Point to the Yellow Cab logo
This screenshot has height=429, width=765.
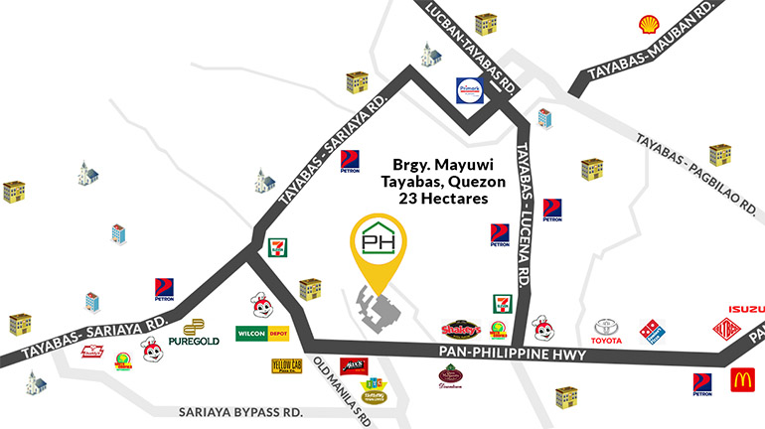(x=286, y=365)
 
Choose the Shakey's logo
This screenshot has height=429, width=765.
(x=460, y=330)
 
